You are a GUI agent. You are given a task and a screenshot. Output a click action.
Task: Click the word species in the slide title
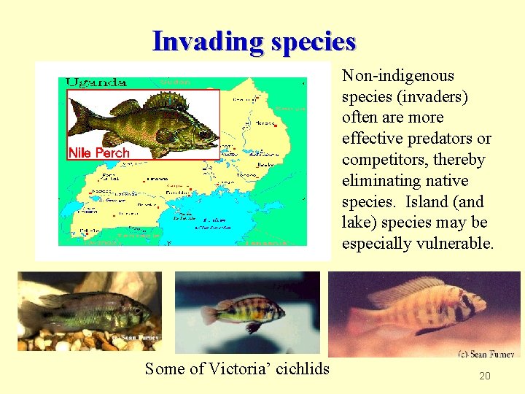[313, 42]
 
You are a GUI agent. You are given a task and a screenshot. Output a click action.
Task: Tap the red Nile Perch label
[98, 152]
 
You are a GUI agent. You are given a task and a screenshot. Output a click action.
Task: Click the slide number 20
[485, 376]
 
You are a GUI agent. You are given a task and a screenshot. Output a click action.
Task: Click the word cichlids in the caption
[300, 369]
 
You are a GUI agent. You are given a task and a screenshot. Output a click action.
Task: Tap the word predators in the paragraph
[436, 139]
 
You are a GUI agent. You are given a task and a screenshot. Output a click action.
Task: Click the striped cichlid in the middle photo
[244, 312]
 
